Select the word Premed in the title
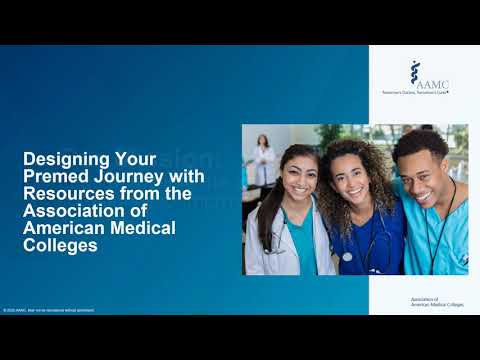[54, 176]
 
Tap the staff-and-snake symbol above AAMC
[415, 70]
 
